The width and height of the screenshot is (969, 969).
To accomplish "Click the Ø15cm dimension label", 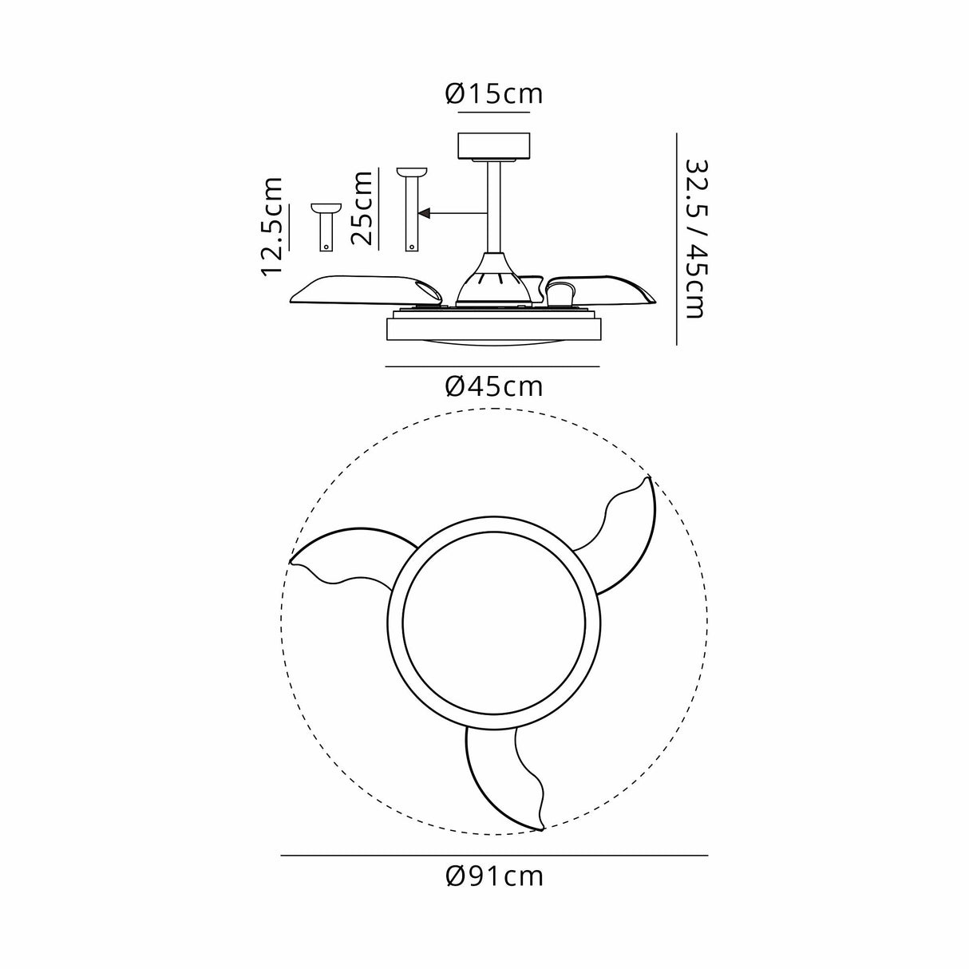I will [x=493, y=94].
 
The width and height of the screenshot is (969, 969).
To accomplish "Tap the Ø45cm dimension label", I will [x=493, y=387].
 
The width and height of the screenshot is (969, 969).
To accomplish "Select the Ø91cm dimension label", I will [x=495, y=876].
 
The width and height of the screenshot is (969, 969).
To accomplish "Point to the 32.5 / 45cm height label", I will [x=694, y=238].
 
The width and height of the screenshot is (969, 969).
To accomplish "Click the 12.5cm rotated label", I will [x=273, y=226].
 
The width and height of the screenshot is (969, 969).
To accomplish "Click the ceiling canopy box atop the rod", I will [x=493, y=146].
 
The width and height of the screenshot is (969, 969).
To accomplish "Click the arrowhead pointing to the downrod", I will [x=425, y=213].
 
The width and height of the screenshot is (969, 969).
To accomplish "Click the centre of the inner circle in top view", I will [x=493, y=624].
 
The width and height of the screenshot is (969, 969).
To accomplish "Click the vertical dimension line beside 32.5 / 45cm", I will [x=677, y=238].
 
